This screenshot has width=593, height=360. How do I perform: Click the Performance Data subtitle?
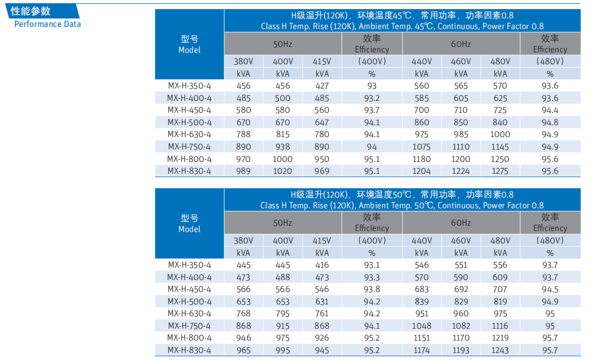coord(48,24)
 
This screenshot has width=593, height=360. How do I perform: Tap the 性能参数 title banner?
coord(31,11)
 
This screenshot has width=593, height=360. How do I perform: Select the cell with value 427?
coord(322,86)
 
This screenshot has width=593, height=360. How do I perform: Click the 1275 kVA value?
coord(501,171)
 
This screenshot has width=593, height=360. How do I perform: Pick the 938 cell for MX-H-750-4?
coord(282,147)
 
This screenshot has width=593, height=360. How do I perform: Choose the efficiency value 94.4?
coord(550,110)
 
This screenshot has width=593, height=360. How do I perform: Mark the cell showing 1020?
coord(282,171)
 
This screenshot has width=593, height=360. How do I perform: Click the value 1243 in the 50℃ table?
coord(501,350)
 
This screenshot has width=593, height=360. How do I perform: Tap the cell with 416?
coord(322,265)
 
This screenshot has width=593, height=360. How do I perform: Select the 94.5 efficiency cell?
coord(550,289)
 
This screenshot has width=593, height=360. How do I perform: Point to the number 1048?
coord(421,326)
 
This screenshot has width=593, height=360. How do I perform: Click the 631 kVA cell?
coord(322,302)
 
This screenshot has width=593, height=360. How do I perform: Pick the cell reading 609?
coord(501,277)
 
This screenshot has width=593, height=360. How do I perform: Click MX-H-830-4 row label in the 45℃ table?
coord(189,171)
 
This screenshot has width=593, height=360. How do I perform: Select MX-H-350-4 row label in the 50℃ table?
coord(189,265)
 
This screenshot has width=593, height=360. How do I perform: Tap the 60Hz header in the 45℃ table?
coord(461,44)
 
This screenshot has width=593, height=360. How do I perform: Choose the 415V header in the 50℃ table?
coord(322,241)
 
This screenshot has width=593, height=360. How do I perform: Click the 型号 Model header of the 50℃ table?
coord(189,223)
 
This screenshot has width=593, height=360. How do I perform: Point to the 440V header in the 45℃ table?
coord(421,62)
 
